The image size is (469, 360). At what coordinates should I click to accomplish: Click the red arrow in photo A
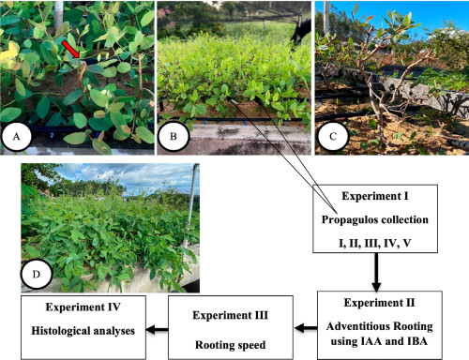pos(70,49)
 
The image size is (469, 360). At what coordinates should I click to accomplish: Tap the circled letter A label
pos(16,137)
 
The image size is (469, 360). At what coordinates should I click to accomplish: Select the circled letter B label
pos(174,137)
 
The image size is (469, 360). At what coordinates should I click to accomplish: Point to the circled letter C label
pos(333,137)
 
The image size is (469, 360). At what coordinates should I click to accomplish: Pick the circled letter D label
pos(37,275)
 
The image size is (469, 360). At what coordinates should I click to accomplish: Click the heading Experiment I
pos(375,196)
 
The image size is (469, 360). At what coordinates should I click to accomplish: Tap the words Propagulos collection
pos(375,220)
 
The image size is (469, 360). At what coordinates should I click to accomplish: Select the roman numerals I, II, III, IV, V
pos(375,243)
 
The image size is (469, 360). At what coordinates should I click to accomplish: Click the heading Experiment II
pos(380,303)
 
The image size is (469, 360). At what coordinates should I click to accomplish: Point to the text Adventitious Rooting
pos(380,326)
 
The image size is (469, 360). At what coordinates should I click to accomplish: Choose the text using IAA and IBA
pos(379,341)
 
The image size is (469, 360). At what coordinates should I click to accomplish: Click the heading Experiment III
pos(231,315)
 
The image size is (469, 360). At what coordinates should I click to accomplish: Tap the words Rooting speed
pos(231,345)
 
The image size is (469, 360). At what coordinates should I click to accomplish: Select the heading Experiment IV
pos(83,307)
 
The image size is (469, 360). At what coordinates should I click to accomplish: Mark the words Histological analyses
pos(83,331)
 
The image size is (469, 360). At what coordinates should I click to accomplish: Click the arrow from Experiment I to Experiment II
pos(376,272)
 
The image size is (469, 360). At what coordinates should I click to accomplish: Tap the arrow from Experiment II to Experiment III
pos(306,328)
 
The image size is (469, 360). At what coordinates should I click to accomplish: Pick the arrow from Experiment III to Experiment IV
pos(157,329)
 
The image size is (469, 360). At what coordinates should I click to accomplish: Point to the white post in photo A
pos(58,14)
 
